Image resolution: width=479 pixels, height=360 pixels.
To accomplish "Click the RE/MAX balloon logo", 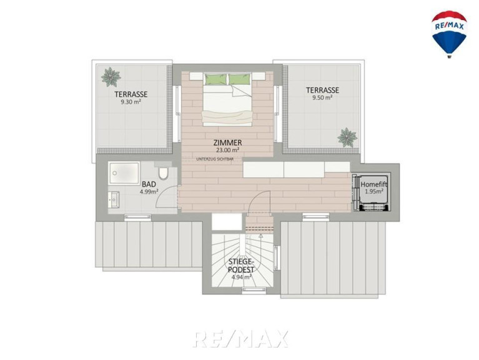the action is point(449,34).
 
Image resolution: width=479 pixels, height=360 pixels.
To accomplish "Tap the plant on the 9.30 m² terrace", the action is point(111,77).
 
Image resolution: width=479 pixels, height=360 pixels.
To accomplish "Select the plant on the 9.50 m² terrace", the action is point(347,137).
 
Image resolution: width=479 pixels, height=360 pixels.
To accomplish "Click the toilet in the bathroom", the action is point(163,172).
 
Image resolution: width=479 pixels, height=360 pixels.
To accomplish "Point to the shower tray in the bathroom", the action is point(124,173).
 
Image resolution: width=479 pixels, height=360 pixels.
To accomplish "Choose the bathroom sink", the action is point(113,199).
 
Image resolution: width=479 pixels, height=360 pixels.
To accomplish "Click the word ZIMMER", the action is point(227,142).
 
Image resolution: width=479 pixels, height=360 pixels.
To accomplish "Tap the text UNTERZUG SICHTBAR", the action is point(215,159).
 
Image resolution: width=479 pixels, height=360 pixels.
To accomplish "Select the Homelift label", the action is point(374,184).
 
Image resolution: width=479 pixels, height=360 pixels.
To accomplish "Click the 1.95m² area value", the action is point(374,192).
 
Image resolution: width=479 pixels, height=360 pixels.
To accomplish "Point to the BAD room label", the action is point(149,184).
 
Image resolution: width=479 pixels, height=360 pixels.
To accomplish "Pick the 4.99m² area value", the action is point(149,192).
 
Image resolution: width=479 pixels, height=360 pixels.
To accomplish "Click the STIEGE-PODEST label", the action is point(241,266).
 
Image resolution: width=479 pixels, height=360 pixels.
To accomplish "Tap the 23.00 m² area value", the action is point(227,150).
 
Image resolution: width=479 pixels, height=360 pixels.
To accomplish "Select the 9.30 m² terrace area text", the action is point(131,102).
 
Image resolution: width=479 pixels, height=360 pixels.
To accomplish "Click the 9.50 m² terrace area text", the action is point(323,97).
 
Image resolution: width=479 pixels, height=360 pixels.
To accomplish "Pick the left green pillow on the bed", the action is point(215,79).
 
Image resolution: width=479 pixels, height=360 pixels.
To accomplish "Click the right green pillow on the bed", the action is point(240,79).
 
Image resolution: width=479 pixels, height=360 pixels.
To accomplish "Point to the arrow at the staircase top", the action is point(261,236).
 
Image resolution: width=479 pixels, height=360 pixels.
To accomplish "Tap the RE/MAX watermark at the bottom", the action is point(240,339).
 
